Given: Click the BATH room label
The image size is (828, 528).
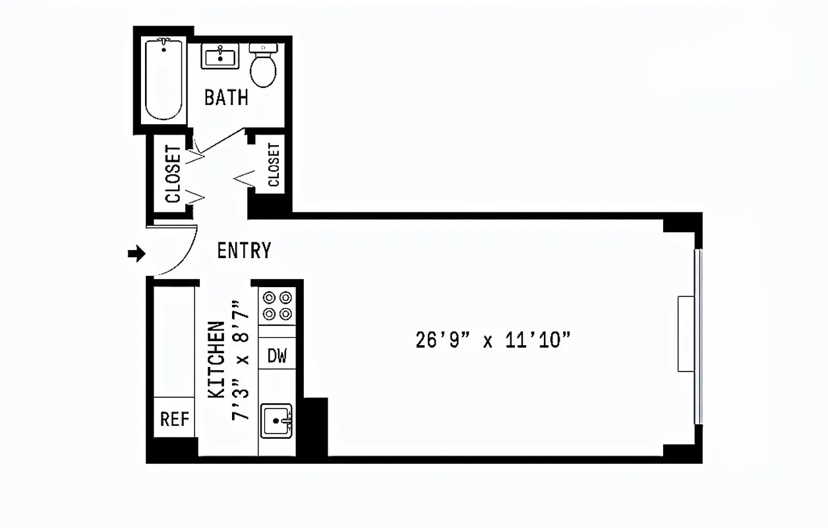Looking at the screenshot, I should pyautogui.click(x=226, y=98).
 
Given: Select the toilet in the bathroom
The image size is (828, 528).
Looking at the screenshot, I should pyautogui.click(x=264, y=66).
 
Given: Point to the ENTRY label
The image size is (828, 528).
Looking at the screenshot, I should pyautogui.click(x=244, y=251).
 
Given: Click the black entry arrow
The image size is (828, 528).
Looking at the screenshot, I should pyautogui.click(x=136, y=253).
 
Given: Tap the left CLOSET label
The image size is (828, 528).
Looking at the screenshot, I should pyautogui.click(x=173, y=174).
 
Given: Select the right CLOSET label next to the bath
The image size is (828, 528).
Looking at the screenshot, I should pyautogui.click(x=274, y=165).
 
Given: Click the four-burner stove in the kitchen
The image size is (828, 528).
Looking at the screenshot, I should pyautogui.click(x=278, y=306).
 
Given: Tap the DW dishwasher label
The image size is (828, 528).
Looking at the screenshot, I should pyautogui.click(x=278, y=356).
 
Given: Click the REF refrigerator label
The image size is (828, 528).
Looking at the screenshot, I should pyautogui.click(x=175, y=419).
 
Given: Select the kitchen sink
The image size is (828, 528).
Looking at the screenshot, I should pyautogui.click(x=277, y=420).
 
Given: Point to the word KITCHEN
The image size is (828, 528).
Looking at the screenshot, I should pyautogui.click(x=216, y=360).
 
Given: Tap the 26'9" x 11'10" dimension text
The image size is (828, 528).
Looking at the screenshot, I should pyautogui.click(x=492, y=340).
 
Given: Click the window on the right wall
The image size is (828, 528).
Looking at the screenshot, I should pyautogui.click(x=699, y=337).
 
